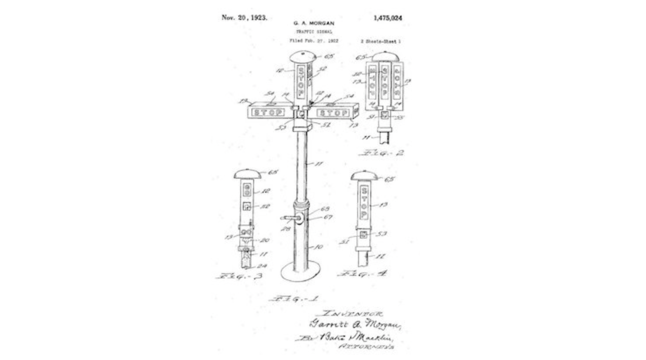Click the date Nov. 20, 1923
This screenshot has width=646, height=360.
[244, 18]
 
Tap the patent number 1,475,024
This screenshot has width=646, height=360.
[388, 18]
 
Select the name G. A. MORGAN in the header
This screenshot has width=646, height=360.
[313, 23]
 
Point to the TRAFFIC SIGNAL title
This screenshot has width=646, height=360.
[314, 32]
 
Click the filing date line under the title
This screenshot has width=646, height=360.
[314, 41]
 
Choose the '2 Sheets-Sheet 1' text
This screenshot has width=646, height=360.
[380, 42]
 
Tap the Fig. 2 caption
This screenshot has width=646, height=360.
[381, 153]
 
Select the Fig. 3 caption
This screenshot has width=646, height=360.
[239, 276]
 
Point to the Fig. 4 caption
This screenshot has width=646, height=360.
[362, 274]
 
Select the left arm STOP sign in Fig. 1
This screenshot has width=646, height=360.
[268, 113]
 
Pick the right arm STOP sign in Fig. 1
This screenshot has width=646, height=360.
[333, 113]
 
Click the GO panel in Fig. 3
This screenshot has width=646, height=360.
[247, 190]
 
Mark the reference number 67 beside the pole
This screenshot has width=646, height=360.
[327, 217]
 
